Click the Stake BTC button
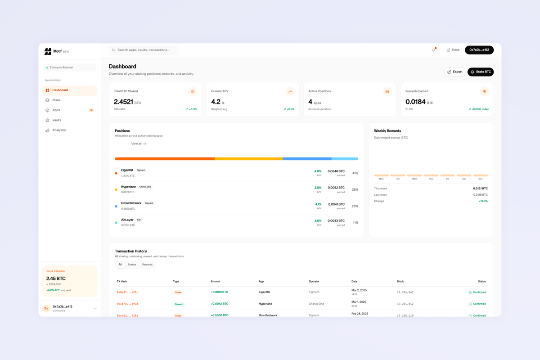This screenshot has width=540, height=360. (481, 72)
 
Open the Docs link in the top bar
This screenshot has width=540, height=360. (453, 50)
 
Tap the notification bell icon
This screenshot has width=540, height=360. (434, 50)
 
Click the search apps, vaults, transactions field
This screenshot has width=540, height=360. (144, 50)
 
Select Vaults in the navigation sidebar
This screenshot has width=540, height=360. (57, 120)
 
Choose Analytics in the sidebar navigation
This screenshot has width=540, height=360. (59, 130)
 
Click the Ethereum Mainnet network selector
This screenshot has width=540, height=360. (70, 67)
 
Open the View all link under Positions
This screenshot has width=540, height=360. (139, 144)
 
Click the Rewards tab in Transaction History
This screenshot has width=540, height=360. (147, 265)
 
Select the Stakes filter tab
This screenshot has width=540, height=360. (132, 265)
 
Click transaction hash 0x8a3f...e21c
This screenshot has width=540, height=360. (127, 292)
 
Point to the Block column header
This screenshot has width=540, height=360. (400, 281)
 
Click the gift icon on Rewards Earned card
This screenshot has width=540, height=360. (484, 91)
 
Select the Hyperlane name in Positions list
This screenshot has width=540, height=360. (128, 187)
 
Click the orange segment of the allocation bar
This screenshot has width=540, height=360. (165, 159)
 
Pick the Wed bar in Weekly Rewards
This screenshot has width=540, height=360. (414, 175)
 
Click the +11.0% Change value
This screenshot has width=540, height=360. (483, 201)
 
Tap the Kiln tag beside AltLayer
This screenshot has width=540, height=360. (139, 220)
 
